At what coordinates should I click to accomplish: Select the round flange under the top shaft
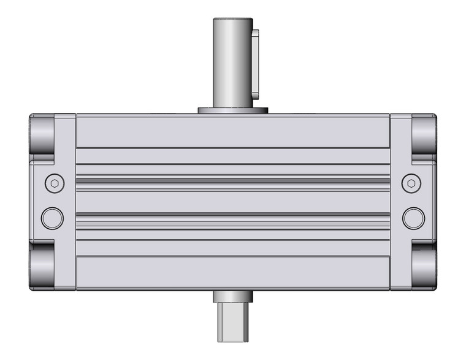[x=233, y=111]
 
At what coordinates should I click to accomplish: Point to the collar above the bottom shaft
[x=232, y=296]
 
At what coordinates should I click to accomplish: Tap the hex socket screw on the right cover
[x=411, y=183]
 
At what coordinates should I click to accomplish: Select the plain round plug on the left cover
[x=52, y=217]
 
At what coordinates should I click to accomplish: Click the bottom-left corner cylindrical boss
[x=42, y=265]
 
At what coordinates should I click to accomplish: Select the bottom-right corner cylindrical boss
[x=424, y=265]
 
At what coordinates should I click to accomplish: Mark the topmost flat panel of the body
[x=232, y=131]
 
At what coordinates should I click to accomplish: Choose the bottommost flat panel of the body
[x=232, y=273]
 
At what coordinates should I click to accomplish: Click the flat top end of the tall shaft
[x=232, y=19]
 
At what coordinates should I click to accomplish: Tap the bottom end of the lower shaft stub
[x=232, y=339]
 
